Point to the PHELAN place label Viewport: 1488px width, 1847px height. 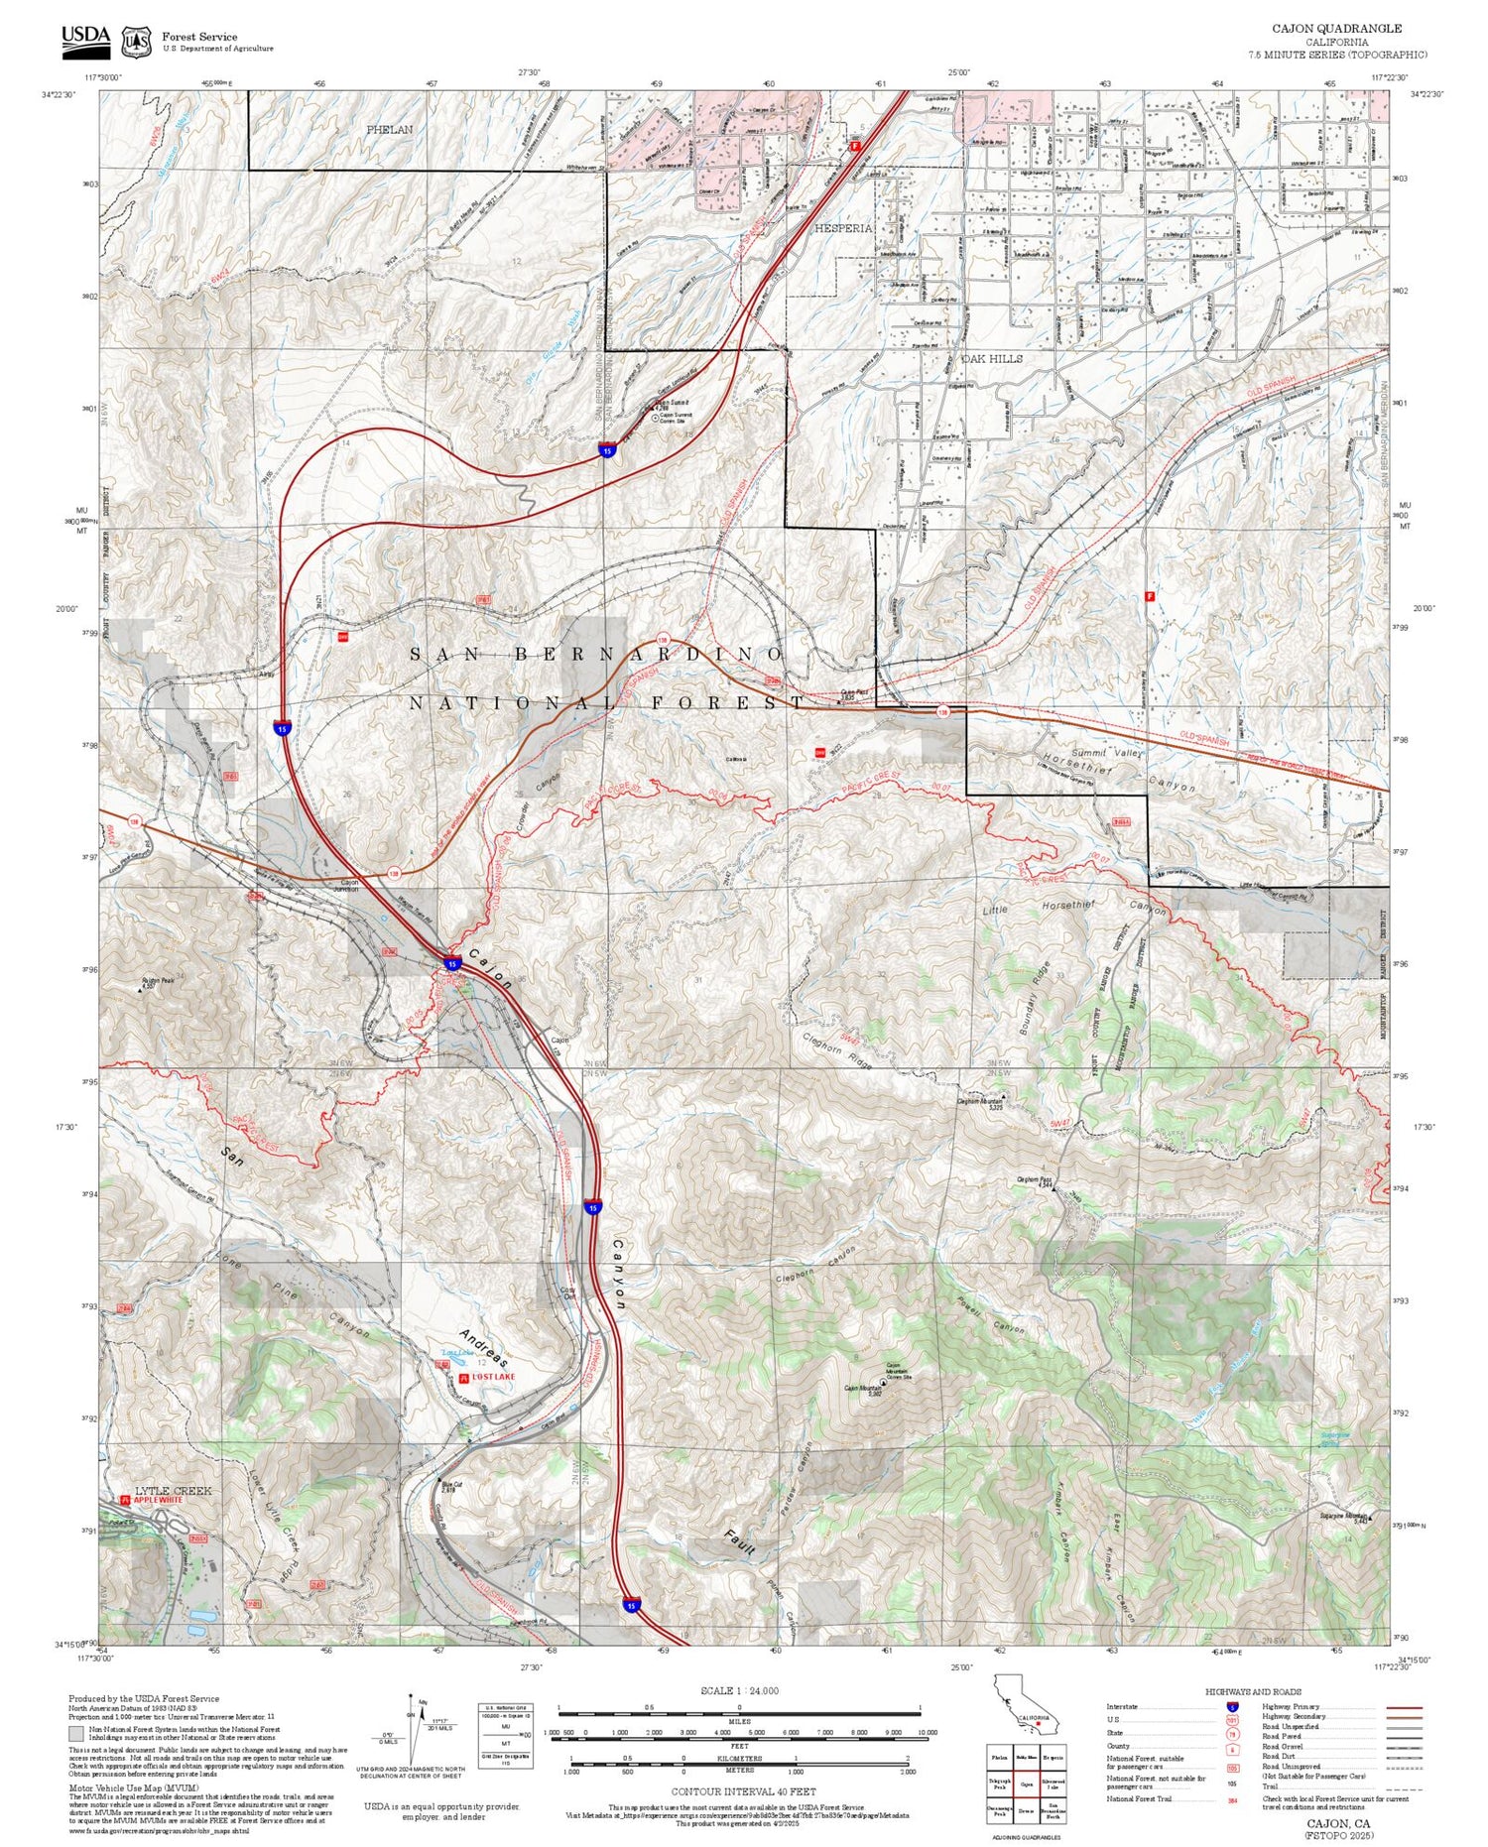click(x=389, y=130)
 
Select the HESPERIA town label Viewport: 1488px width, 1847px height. click(x=843, y=228)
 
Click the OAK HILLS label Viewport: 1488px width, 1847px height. click(x=991, y=359)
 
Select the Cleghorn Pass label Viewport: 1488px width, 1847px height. click(x=1031, y=1180)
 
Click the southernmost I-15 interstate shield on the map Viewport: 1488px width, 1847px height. click(x=631, y=1604)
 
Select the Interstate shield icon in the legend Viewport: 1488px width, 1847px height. click(x=1232, y=1706)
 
